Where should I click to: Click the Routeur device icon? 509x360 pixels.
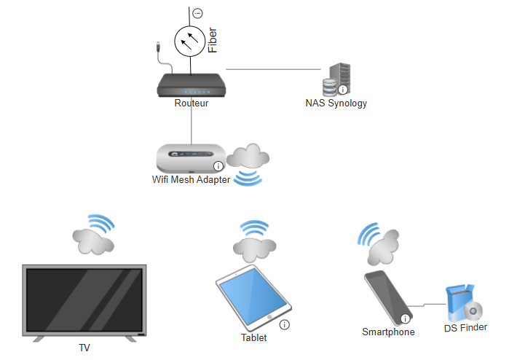pyautogui.click(x=192, y=85)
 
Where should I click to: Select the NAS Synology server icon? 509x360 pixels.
pyautogui.click(x=336, y=79)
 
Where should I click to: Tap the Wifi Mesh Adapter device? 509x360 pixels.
pyautogui.click(x=191, y=159)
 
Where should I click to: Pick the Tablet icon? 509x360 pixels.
pyautogui.click(x=253, y=298)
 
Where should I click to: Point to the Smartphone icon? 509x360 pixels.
pyautogui.click(x=388, y=298)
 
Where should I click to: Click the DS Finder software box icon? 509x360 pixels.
pyautogui.click(x=464, y=303)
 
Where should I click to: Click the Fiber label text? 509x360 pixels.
pyautogui.click(x=213, y=40)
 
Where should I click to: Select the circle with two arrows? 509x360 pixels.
pyautogui.click(x=190, y=42)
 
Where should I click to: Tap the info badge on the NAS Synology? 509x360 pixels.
pyautogui.click(x=343, y=90)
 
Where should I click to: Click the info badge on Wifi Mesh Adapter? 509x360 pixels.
pyautogui.click(x=218, y=166)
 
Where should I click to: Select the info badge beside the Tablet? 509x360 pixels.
pyautogui.click(x=285, y=324)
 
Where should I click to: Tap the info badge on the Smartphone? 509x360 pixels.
pyautogui.click(x=405, y=318)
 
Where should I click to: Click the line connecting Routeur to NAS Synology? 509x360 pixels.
pyautogui.click(x=273, y=69)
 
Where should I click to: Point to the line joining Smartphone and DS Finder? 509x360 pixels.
pyautogui.click(x=427, y=305)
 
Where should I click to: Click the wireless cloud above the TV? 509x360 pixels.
pyautogui.click(x=93, y=235)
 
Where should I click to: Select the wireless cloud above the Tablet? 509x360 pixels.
pyautogui.click(x=255, y=241)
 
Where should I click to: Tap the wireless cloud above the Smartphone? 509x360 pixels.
pyautogui.click(x=379, y=243)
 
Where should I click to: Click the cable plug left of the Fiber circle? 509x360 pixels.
pyautogui.click(x=159, y=47)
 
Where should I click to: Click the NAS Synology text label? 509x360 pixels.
pyautogui.click(x=336, y=103)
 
